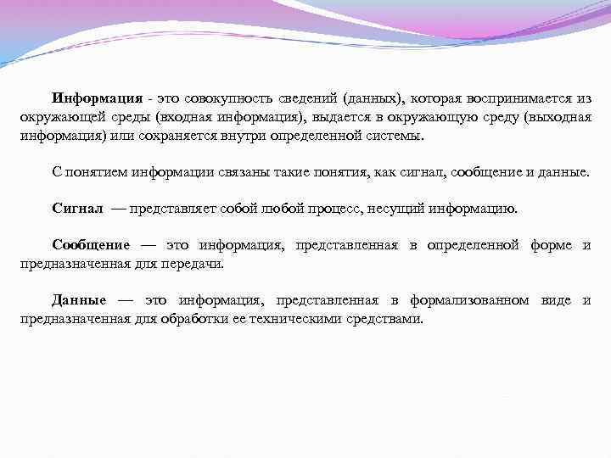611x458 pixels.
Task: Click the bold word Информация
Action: coord(95,99)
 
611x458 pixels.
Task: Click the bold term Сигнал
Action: coord(77,209)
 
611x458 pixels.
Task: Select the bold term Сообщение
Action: coord(91,245)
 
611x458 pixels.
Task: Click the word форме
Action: coord(551,245)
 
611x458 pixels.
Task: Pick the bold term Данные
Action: coord(78,300)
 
